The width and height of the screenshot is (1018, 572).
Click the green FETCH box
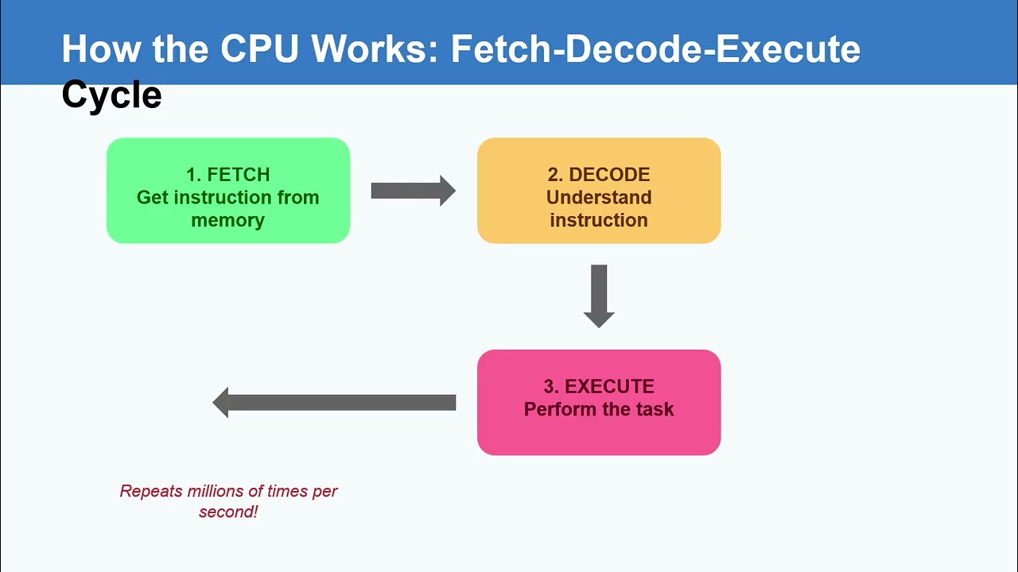click(228, 191)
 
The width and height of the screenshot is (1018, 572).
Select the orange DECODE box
click(599, 191)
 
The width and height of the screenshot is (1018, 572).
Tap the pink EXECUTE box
click(599, 402)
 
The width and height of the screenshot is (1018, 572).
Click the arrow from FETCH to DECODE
click(414, 191)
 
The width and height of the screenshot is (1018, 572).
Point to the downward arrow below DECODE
click(599, 296)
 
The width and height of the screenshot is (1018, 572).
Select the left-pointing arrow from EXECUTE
click(334, 403)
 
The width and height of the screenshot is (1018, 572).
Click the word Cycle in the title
click(112, 95)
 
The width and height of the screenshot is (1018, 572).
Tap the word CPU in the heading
click(259, 48)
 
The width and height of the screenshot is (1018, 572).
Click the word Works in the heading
click(375, 48)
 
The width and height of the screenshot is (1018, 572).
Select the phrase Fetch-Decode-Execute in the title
click(655, 48)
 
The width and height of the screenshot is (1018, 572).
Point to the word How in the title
click(101, 48)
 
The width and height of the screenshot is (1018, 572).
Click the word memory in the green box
click(228, 221)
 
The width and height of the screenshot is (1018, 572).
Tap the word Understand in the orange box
click(599, 198)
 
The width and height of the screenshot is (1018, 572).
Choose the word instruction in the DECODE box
click(599, 220)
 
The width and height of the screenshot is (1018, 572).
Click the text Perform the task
click(599, 409)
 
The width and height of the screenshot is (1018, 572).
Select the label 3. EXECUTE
click(599, 387)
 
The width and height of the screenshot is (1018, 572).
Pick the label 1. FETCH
click(228, 175)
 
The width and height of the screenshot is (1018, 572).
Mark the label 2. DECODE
click(599, 175)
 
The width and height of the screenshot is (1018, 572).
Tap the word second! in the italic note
click(228, 512)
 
